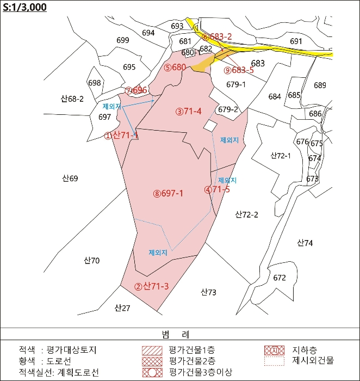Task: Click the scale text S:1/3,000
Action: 25,7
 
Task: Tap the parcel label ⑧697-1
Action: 168,193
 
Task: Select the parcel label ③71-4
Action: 189,112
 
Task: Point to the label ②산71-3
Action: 152,287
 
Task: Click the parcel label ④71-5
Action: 217,190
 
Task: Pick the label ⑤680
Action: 175,67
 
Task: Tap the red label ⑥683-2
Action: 217,37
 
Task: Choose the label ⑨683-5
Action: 239,70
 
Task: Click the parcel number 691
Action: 296,41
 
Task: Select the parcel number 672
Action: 280,278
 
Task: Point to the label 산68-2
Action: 72,99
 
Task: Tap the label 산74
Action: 305,243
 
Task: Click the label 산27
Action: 122,308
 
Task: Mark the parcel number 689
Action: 320,85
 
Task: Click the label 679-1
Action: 236,84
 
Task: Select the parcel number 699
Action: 123,40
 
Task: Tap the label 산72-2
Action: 247,214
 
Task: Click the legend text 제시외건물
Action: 313,360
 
